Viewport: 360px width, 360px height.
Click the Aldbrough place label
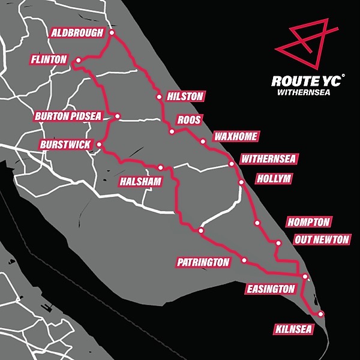click(x=78, y=32)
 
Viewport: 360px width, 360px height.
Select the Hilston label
click(x=185, y=96)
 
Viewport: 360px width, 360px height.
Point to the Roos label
click(x=189, y=119)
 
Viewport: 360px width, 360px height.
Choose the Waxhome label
click(x=235, y=137)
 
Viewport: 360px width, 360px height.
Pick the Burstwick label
click(x=67, y=145)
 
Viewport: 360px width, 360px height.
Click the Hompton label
click(x=308, y=222)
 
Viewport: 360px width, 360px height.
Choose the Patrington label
click(x=203, y=262)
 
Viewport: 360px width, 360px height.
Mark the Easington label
click(x=271, y=289)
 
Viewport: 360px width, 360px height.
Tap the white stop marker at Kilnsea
click(x=321, y=314)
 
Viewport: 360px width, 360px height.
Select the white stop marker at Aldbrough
click(x=111, y=33)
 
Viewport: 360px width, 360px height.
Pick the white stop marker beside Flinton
click(x=78, y=61)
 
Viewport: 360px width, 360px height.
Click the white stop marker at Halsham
click(x=161, y=167)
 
